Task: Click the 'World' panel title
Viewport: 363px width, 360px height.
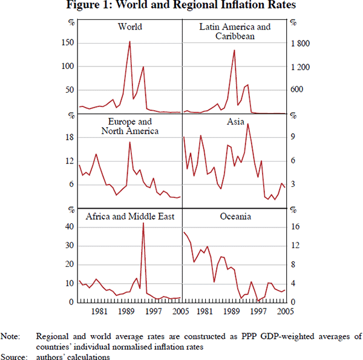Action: (130, 27)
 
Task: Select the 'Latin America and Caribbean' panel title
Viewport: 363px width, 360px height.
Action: (235, 31)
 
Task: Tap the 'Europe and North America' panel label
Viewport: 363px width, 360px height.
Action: (130, 126)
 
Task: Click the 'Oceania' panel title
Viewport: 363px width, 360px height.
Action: (236, 217)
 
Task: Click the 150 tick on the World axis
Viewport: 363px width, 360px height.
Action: (68, 43)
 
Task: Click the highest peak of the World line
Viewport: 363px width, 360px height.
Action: (129, 41)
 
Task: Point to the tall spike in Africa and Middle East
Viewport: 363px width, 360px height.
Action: (143, 223)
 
